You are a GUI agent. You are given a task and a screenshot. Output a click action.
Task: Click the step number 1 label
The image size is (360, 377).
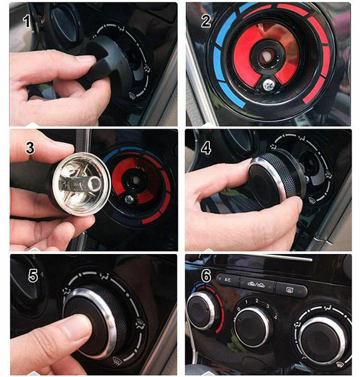tap(26, 22)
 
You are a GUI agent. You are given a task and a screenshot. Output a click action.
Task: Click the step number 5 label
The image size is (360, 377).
tap(33, 276)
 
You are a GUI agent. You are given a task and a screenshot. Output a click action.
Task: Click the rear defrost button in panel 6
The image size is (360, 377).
tap(290, 291)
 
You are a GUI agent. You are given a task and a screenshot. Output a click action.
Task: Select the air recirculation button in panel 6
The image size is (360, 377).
tap(258, 283)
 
